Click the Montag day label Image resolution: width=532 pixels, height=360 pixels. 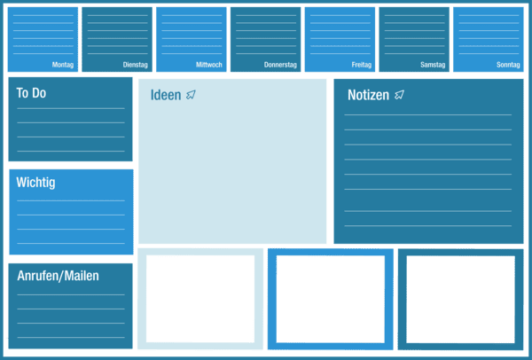coord(63,65)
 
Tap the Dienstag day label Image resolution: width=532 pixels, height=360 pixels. coord(136,65)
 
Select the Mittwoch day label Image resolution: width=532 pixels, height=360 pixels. coord(208,65)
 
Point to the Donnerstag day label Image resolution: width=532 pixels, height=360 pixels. coord(280,65)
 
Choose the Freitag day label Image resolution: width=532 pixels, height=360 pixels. coord(361,65)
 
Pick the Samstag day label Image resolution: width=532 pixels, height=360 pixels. coord(433,65)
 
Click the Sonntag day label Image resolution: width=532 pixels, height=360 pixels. coord(508,65)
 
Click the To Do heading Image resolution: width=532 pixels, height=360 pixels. coord(31,93)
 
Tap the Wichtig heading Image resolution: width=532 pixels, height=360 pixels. coord(35,183)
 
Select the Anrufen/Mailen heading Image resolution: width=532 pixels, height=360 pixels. coord(58,276)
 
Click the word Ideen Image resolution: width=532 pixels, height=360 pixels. coord(166,96)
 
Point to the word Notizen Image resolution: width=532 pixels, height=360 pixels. coord(368,95)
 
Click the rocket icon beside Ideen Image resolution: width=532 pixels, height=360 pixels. coord(192,95)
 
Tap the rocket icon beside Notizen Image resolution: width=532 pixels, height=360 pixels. coord(400,94)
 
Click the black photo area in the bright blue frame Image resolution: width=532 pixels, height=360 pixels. coord(330,299)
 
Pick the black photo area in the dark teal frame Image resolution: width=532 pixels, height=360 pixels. coord(460,299)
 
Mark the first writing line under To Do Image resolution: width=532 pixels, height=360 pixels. coord(71,109)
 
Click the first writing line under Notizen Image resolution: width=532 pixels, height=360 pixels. coord(427,115)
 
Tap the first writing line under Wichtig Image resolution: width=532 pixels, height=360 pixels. coord(71,200)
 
